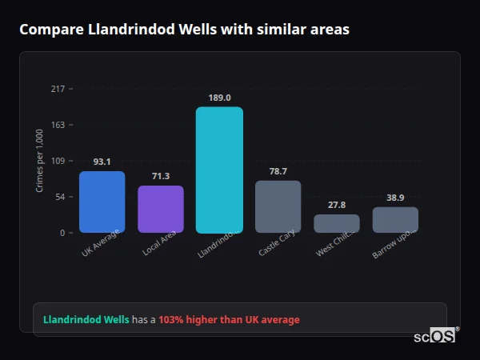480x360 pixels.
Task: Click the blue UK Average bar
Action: (x=102, y=202)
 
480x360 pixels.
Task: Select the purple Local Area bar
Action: (x=161, y=209)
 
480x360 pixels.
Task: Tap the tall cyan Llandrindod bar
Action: (x=219, y=170)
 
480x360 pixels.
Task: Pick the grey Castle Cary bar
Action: (x=278, y=206)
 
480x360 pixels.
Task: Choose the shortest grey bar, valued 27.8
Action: (x=337, y=223)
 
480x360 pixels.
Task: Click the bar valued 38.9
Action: (x=395, y=219)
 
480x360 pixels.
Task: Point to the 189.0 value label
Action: (x=219, y=98)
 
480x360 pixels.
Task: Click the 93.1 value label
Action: (x=102, y=162)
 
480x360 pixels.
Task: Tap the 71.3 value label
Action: (x=161, y=176)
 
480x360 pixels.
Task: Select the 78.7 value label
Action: (x=278, y=171)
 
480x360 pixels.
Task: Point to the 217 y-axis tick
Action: (x=58, y=89)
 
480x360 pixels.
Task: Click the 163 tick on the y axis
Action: (x=58, y=125)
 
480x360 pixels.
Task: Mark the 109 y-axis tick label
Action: (x=58, y=161)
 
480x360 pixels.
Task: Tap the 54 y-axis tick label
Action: (x=59, y=197)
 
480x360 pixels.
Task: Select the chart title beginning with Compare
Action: (x=184, y=29)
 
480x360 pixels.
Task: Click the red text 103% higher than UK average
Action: (x=229, y=320)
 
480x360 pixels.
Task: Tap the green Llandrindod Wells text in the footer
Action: (x=86, y=320)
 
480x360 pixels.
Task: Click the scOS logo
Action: (x=434, y=337)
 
